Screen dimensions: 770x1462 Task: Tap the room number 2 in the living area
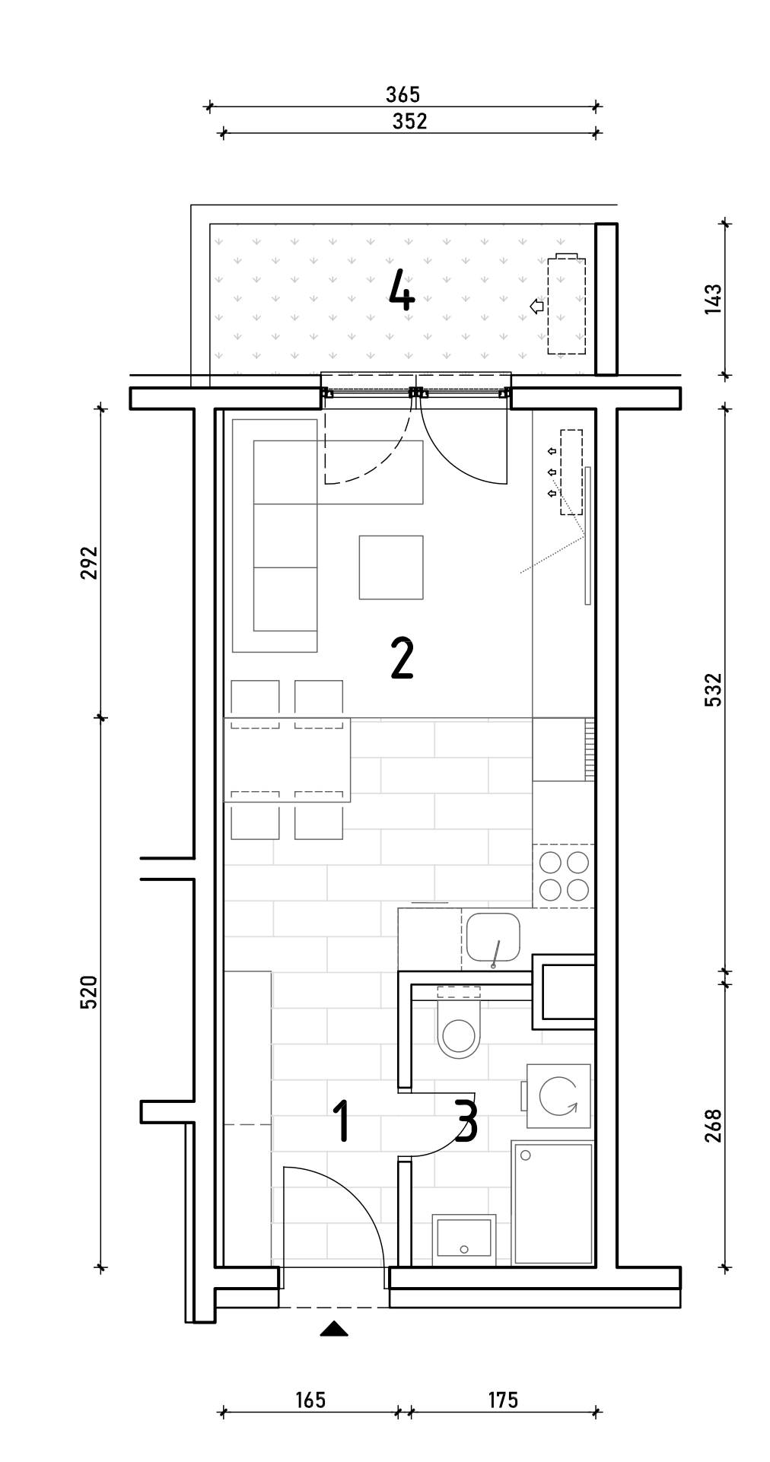point(402,658)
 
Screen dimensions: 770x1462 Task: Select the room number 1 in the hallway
point(342,1120)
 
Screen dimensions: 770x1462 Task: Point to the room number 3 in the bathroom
point(466,1120)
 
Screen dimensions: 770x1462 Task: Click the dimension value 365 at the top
point(402,94)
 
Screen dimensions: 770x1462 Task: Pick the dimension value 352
point(409,121)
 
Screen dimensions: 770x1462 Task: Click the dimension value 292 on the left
point(90,562)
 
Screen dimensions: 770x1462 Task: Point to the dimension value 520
point(90,992)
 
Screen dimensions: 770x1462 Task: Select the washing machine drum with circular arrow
point(559,1096)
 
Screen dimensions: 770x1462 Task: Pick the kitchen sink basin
point(493,937)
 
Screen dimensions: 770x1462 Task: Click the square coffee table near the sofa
point(391,567)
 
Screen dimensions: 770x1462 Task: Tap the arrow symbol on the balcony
point(537,306)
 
